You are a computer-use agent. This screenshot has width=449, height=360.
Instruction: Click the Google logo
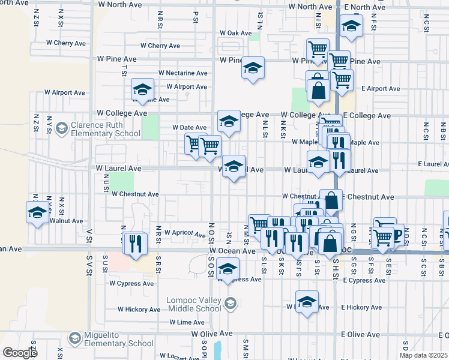point(20,353)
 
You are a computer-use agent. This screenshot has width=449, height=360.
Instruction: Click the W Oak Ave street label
point(235,33)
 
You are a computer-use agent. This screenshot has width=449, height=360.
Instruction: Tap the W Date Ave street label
point(189,127)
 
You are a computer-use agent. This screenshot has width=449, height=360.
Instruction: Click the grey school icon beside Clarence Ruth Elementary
point(61,128)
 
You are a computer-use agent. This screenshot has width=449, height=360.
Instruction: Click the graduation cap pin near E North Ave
point(351,25)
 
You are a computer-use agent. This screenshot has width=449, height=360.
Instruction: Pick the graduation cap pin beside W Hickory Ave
point(307,301)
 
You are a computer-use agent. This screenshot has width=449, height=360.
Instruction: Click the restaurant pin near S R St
point(135,243)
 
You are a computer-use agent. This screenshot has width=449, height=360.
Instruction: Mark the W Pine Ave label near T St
point(116,59)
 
